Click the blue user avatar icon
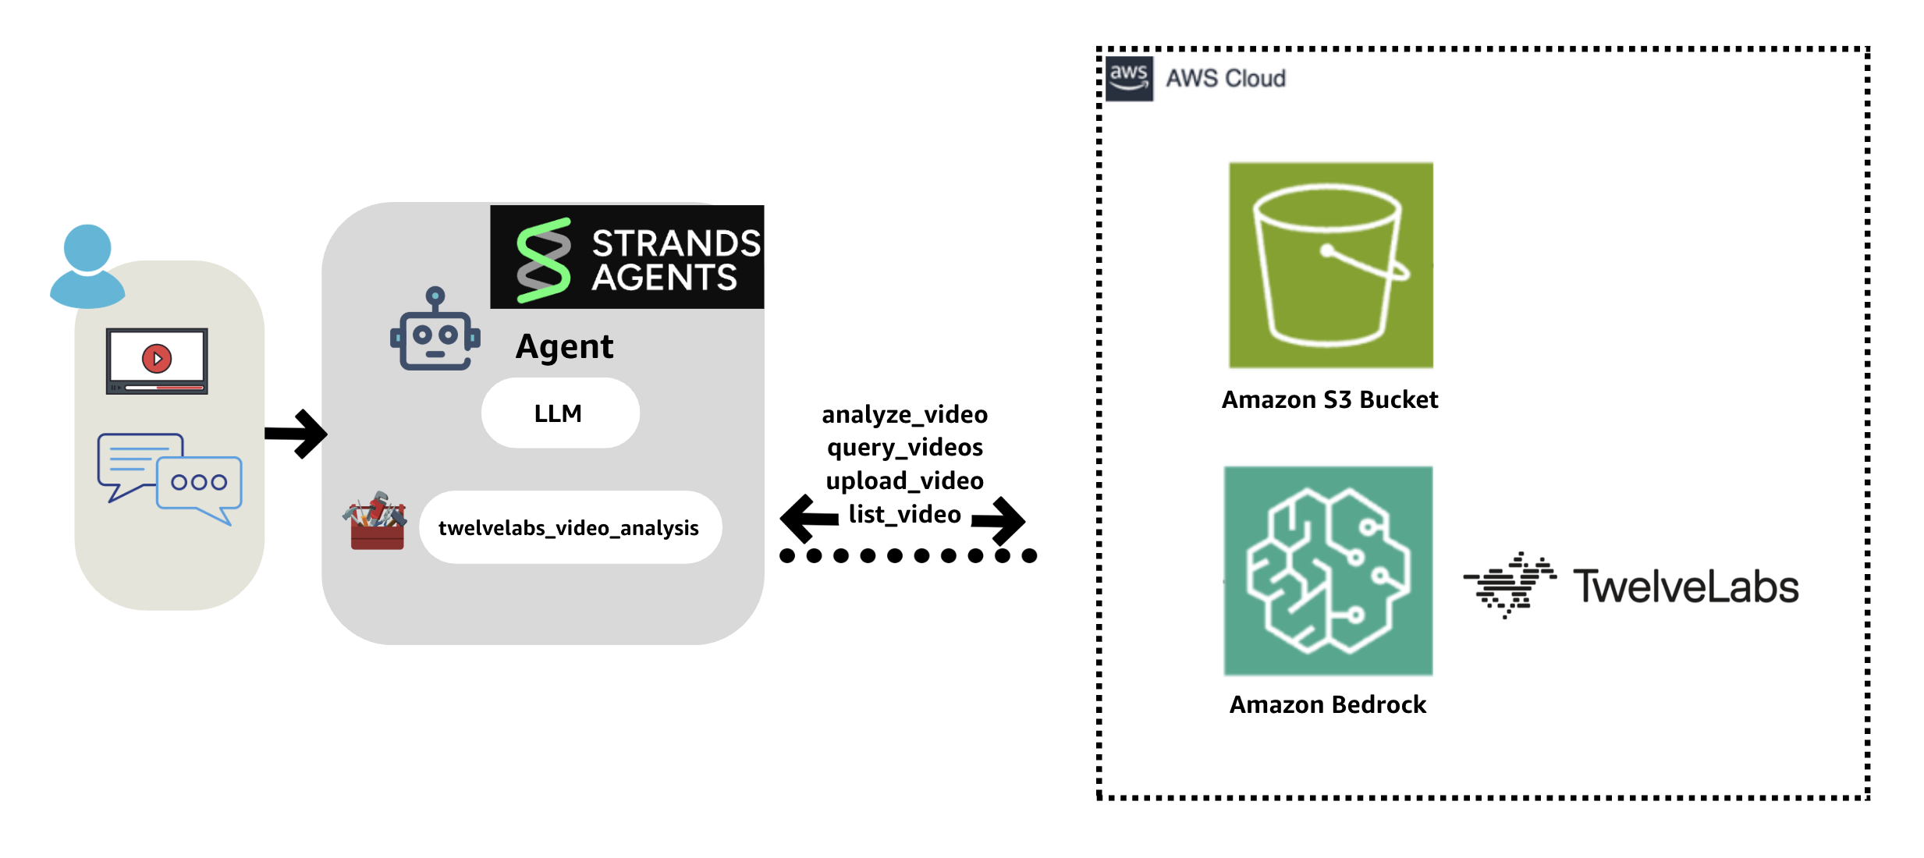pos(87,266)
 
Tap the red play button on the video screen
pos(157,359)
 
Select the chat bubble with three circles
pos(200,484)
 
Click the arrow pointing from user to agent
pos(296,434)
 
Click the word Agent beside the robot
pos(564,346)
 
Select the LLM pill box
pos(559,413)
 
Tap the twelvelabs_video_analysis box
pos(570,528)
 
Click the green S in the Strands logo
pos(544,260)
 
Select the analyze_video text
pos(904,414)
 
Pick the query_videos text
pos(904,448)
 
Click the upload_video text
pos(904,481)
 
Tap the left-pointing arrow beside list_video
pos(808,519)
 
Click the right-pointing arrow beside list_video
pos(999,520)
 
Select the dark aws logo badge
pos(1128,78)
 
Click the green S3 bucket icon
pos(1330,265)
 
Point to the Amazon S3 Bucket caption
pos(1329,400)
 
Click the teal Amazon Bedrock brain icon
pos(1328,571)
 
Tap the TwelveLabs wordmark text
pos(1685,587)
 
